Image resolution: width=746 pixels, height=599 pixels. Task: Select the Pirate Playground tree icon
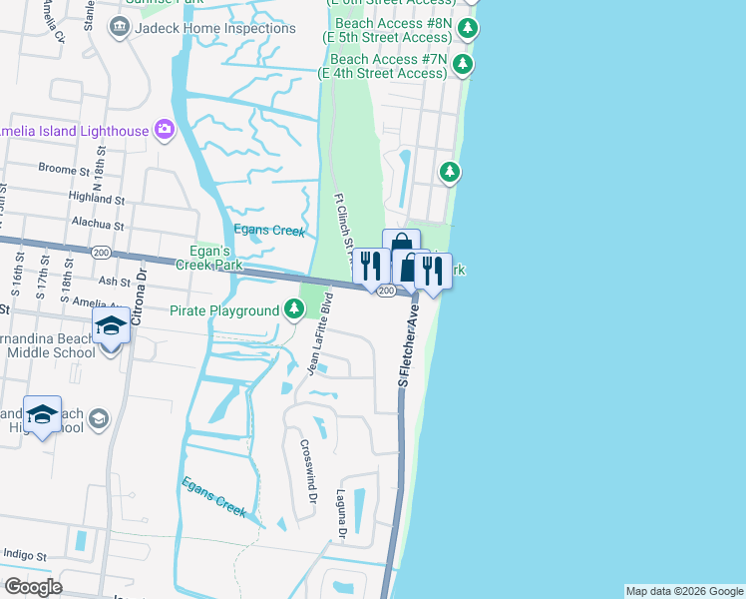point(293,310)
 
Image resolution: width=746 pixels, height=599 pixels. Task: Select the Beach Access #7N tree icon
point(462,66)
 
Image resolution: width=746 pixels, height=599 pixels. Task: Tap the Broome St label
point(65,170)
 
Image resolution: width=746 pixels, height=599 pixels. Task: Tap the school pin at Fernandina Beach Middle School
point(111,327)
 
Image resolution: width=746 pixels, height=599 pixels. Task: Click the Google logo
point(33,587)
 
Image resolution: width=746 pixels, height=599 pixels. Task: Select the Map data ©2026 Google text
point(683,591)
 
